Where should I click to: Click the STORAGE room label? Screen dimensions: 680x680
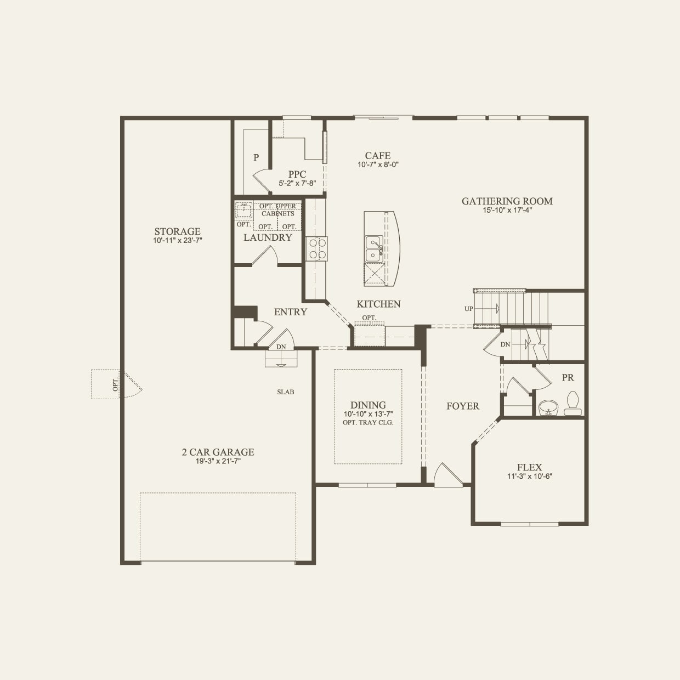point(177,231)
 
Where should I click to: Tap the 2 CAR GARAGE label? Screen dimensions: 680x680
point(218,452)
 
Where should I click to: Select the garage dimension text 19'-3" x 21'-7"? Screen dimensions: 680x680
point(218,461)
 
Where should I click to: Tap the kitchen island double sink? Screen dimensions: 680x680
point(375,248)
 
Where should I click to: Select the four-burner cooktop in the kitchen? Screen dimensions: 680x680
point(316,248)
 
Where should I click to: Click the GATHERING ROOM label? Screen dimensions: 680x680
point(507,201)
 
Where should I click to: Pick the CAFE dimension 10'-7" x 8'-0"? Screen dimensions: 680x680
point(377,165)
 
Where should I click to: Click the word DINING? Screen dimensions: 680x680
point(368,405)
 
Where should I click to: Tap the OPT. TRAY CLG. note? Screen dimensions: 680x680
point(368,423)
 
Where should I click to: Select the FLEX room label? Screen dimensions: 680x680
point(529,467)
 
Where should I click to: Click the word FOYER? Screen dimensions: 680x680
point(462,406)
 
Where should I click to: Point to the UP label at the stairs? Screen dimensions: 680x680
point(468,309)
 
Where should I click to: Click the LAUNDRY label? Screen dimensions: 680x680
point(268,237)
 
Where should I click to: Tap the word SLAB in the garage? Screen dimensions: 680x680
point(285,392)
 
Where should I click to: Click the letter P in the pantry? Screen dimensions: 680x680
point(256,158)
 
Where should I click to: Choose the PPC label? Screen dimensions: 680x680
point(297,174)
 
